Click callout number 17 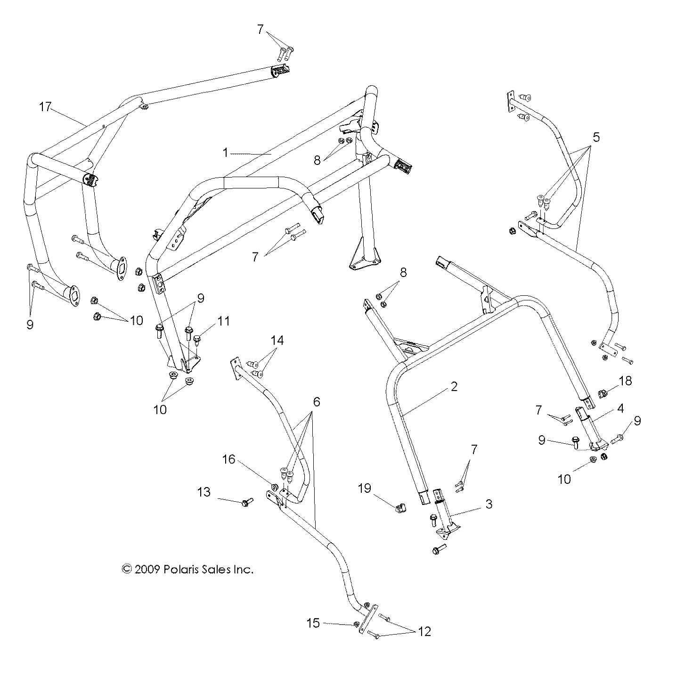tap(45, 107)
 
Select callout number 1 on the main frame tap(226, 153)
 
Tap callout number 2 tap(454, 387)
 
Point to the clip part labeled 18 tap(603, 392)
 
